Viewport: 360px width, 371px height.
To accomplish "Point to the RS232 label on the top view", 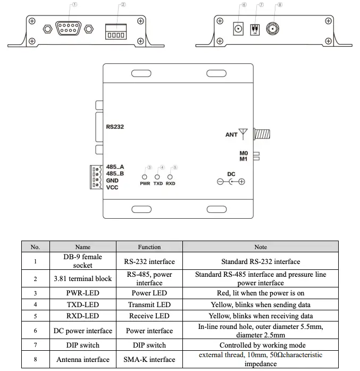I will [115, 127].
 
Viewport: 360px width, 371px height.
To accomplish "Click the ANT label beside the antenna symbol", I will [231, 135].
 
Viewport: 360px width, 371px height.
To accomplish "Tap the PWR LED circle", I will [145, 177].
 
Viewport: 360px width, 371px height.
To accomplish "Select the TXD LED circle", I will [157, 177].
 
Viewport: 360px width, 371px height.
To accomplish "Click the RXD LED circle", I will [170, 177].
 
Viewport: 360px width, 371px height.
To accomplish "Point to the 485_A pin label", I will [115, 167].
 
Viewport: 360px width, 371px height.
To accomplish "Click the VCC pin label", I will [112, 187].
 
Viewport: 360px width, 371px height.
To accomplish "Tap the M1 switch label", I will [244, 159].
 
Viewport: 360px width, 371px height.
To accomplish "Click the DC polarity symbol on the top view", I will [231, 182].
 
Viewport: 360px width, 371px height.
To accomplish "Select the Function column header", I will [149, 246].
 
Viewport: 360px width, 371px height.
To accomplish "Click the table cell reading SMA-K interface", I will [149, 360].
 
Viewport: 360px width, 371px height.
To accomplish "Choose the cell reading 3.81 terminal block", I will [82, 278].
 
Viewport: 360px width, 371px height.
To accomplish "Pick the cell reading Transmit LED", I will [149, 304].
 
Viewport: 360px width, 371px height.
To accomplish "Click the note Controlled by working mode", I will [260, 345].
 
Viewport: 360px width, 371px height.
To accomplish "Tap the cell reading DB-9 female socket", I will [82, 261].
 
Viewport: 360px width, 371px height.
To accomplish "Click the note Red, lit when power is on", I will [260, 293].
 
